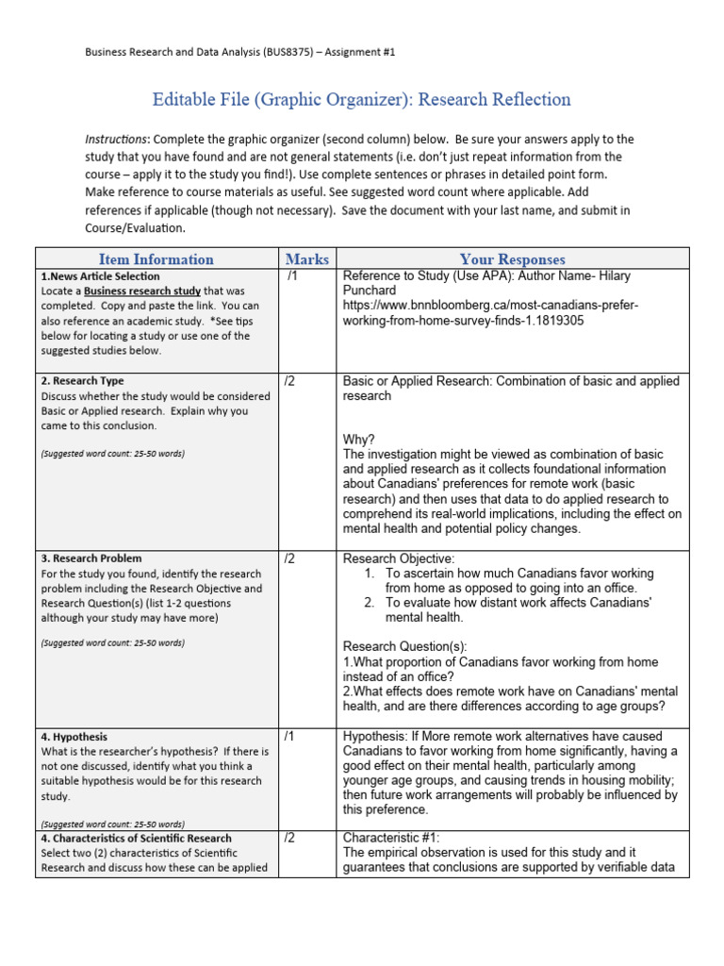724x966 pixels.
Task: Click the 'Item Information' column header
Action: tap(156, 259)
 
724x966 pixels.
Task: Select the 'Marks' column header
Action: tap(307, 259)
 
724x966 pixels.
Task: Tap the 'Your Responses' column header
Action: tap(512, 259)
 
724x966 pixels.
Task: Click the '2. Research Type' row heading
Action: tap(82, 381)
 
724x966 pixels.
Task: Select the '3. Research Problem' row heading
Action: tap(90, 558)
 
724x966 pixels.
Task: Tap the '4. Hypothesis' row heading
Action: tap(74, 737)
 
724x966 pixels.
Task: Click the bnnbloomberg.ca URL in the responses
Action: tap(491, 313)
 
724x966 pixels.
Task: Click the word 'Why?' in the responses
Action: tap(358, 440)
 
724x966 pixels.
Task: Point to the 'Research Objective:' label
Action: tap(399, 558)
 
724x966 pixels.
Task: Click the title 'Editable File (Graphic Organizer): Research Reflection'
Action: tap(362, 99)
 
